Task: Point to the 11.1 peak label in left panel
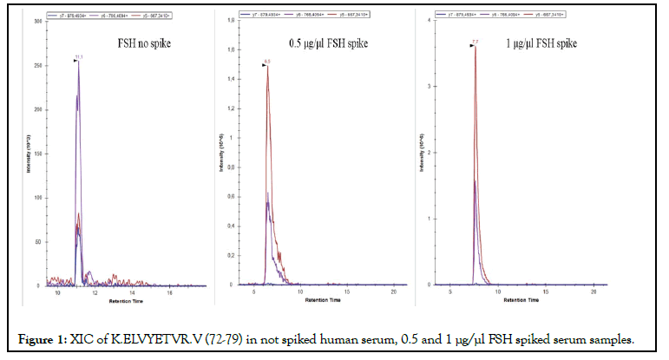point(79,57)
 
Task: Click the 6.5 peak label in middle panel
point(267,62)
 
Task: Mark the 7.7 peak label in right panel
point(475,42)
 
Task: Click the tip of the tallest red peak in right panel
point(475,47)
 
